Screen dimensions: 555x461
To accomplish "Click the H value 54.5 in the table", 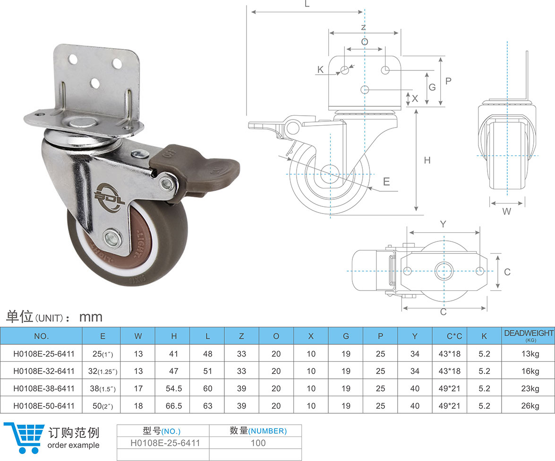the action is [x=174, y=388].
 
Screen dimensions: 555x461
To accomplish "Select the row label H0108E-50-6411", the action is [x=44, y=406].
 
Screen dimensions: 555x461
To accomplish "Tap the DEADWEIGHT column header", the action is [x=529, y=333].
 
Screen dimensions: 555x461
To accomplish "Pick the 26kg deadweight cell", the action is [x=530, y=406].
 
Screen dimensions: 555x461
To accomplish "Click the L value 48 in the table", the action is [x=208, y=354].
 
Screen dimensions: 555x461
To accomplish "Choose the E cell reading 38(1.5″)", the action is [x=102, y=389].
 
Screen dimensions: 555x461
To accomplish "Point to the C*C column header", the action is [x=454, y=336].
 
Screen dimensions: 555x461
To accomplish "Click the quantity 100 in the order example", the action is [x=258, y=443].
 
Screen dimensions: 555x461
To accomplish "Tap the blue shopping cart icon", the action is [x=24, y=438].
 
